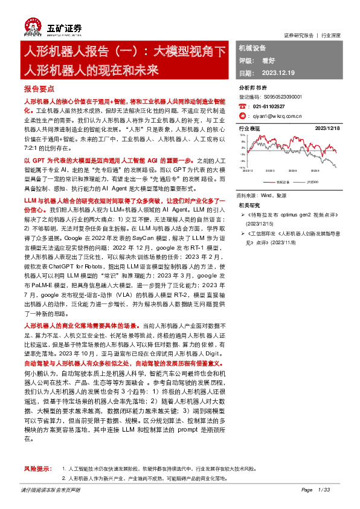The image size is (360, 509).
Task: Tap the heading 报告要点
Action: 40,88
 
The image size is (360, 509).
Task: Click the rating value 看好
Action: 268,60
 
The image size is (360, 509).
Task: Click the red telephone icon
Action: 242,105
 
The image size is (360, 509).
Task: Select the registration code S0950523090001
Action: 283,96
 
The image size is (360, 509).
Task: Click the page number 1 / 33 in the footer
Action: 324,490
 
